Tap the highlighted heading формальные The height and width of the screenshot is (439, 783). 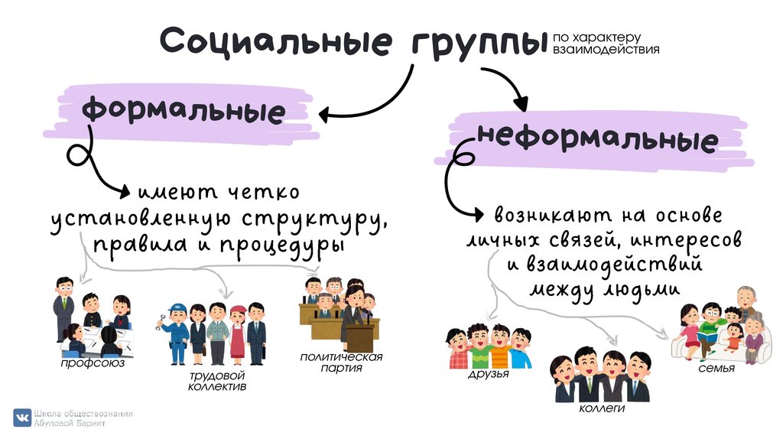point(184,112)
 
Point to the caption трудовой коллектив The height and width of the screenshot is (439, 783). point(217,381)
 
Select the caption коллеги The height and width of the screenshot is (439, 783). point(603,409)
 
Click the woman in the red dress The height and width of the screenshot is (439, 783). point(238,335)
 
